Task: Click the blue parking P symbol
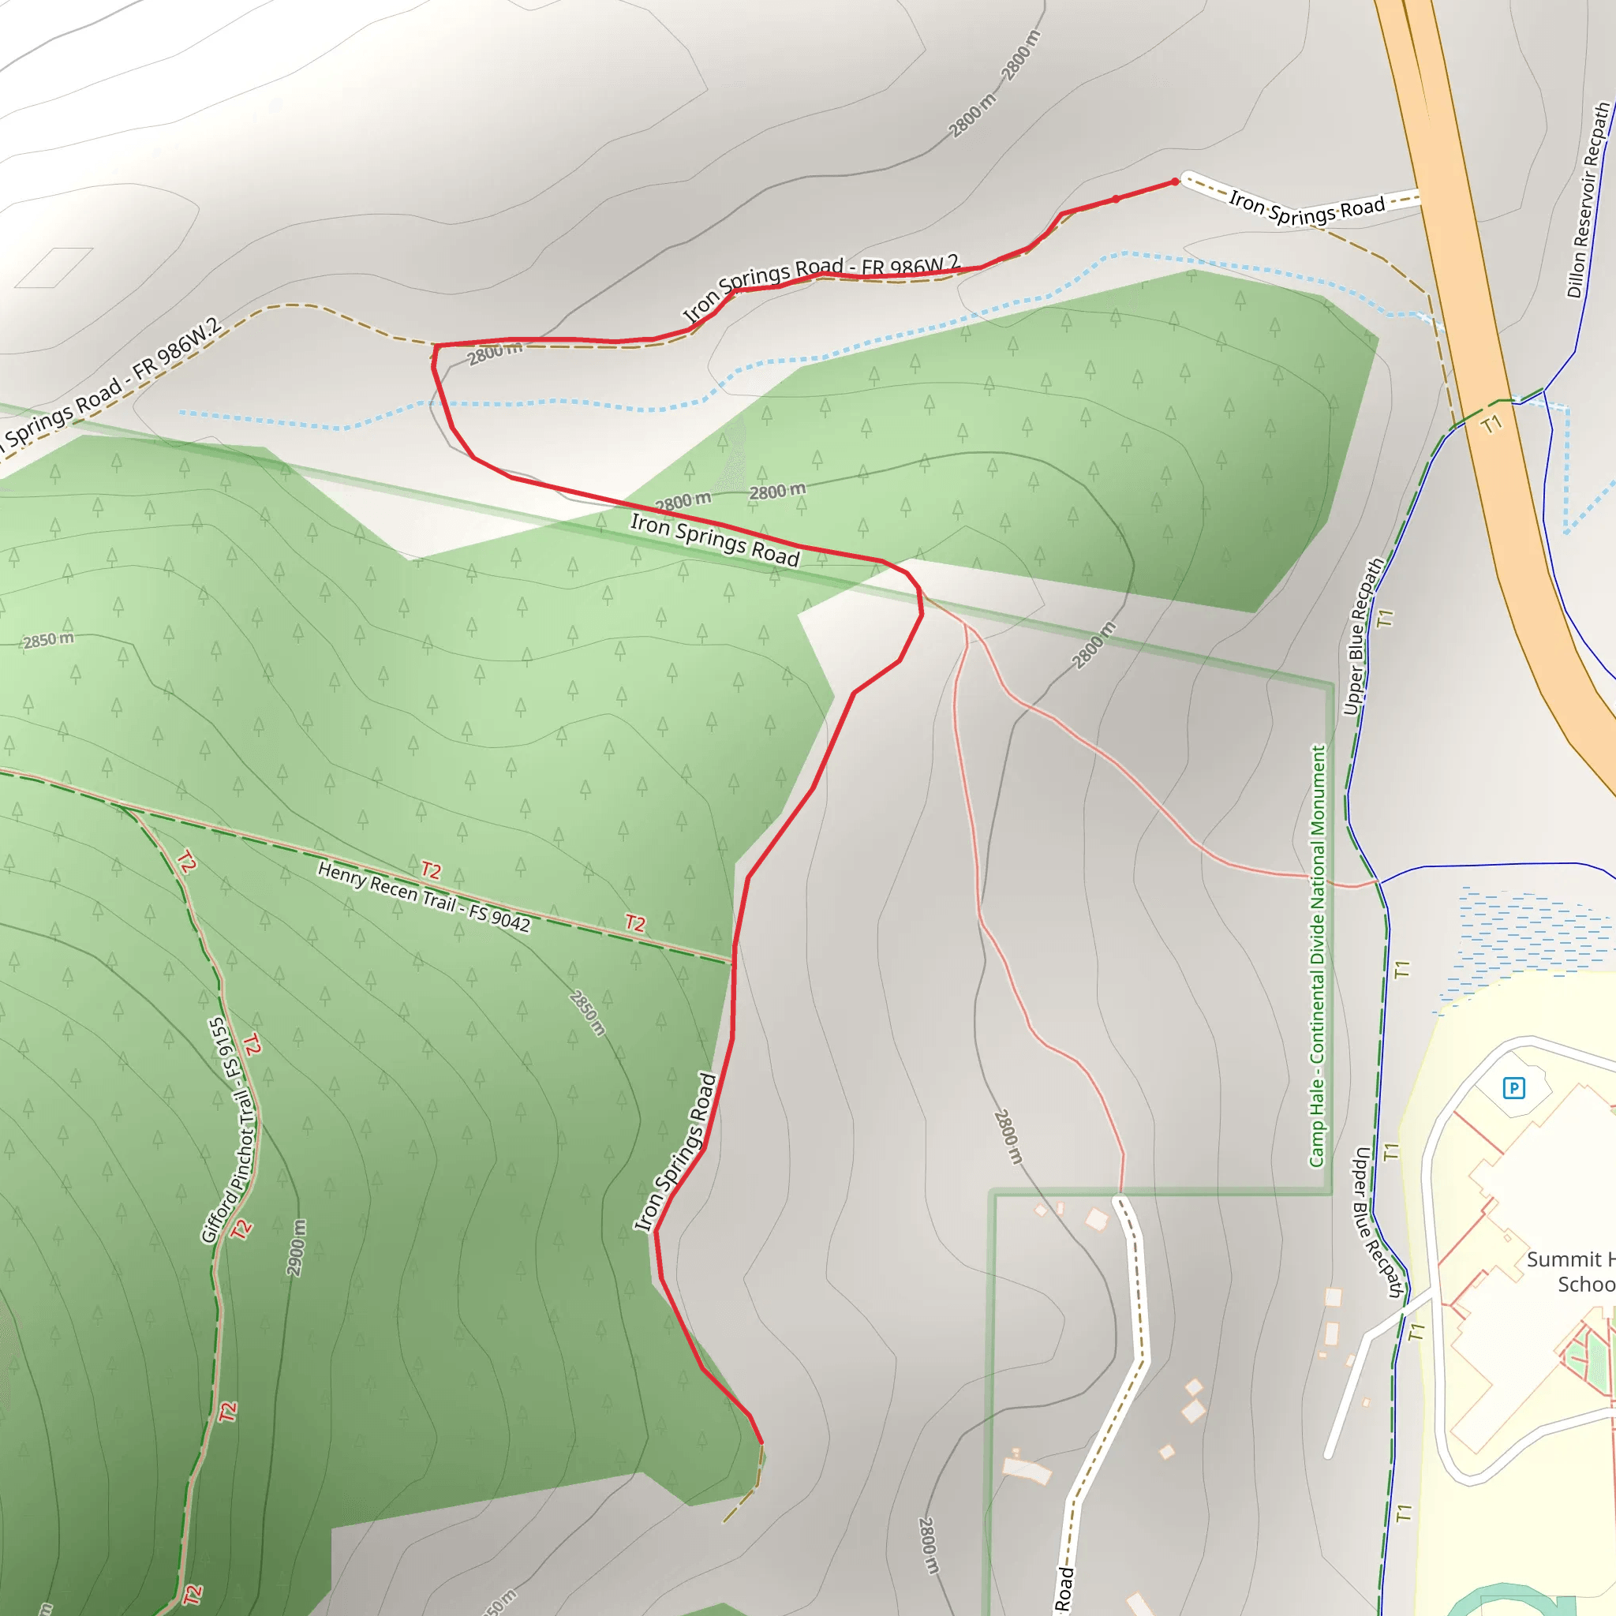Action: (1513, 1088)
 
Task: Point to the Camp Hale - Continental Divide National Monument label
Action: (1318, 956)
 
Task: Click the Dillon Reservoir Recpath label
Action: (1588, 200)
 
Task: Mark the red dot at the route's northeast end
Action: (1175, 181)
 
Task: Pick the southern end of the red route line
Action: (761, 1443)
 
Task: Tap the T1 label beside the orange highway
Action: (1491, 425)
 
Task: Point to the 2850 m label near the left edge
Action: (47, 641)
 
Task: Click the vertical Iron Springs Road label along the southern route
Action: (676, 1152)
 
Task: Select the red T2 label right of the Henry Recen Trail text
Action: (635, 923)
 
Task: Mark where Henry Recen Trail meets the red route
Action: (733, 963)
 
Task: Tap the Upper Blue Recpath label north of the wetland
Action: (1363, 638)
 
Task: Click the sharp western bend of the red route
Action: (436, 346)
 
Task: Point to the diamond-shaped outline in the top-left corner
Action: (54, 267)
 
